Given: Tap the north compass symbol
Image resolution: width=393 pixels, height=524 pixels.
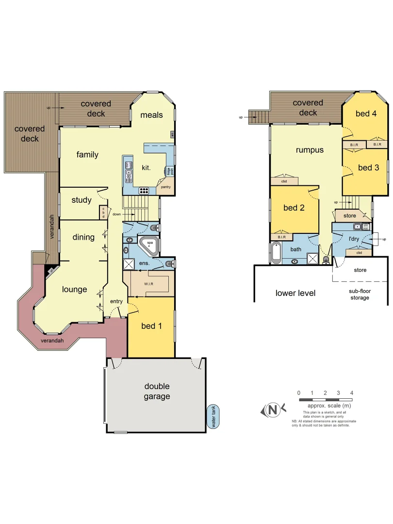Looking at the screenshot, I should pyautogui.click(x=273, y=410).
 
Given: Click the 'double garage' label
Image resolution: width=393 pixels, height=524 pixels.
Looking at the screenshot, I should pyautogui.click(x=157, y=391).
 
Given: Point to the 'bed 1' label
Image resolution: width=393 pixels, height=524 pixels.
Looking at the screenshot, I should pyautogui.click(x=151, y=326).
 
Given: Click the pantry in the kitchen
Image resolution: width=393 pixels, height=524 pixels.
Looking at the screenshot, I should pyautogui.click(x=165, y=186).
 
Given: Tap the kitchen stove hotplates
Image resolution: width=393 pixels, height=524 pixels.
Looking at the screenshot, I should pyautogui.click(x=144, y=190).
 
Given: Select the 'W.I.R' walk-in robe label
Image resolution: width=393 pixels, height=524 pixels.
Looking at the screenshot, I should pyautogui.click(x=148, y=284).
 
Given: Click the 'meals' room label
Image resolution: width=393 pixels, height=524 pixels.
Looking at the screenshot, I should pyautogui.click(x=151, y=115).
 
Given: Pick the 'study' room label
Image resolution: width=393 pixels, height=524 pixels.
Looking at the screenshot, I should pyautogui.click(x=82, y=200).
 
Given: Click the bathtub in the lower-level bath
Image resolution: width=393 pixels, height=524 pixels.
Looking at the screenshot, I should pyautogui.click(x=276, y=253).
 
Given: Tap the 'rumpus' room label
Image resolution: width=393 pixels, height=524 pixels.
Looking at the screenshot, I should pyautogui.click(x=310, y=150).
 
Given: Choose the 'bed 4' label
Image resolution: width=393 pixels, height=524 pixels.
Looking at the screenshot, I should pyautogui.click(x=366, y=114).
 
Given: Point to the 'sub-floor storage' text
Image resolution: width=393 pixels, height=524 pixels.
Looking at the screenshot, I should pyautogui.click(x=360, y=294).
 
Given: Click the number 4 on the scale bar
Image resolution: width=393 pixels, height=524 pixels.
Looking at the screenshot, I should pyautogui.click(x=351, y=393).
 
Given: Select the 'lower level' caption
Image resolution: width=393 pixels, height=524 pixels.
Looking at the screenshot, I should pyautogui.click(x=295, y=293).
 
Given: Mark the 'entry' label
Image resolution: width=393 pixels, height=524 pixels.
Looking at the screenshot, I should pyautogui.click(x=116, y=301).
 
